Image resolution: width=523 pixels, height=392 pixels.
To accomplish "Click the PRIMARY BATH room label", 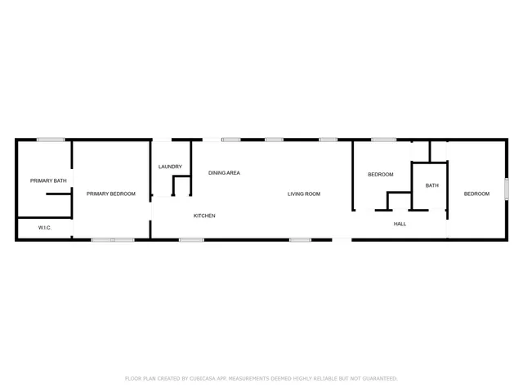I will coord(48,180).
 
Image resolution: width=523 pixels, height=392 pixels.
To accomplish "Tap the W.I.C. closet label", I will coord(45,228).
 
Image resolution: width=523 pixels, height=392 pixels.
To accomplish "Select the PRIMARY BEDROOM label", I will coord(111,194).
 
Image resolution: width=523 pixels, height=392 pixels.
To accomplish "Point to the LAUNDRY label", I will coord(170,167).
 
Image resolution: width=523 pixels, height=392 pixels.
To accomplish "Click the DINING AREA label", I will coord(224,173).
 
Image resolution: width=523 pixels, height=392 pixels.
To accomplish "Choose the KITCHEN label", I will coord(204,216).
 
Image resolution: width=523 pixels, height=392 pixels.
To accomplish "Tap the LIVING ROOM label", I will coord(304,194).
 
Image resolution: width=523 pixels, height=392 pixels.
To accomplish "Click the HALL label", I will coord(400,224).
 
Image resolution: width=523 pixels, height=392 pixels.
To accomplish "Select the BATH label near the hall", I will coord(431,185).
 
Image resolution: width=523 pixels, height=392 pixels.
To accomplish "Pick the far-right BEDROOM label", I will coord(476,194).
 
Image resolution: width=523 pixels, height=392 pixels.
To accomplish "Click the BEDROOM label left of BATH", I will coord(380,175).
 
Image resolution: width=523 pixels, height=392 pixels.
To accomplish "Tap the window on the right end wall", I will coord(506,189).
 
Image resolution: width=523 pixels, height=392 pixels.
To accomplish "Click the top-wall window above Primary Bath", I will coord(51,140).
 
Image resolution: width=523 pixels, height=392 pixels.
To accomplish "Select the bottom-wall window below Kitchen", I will coord(191,239).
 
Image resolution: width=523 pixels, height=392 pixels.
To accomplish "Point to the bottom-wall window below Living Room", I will coord(300,239).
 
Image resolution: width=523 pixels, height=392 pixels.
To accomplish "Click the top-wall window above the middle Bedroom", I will coord(383,140).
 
